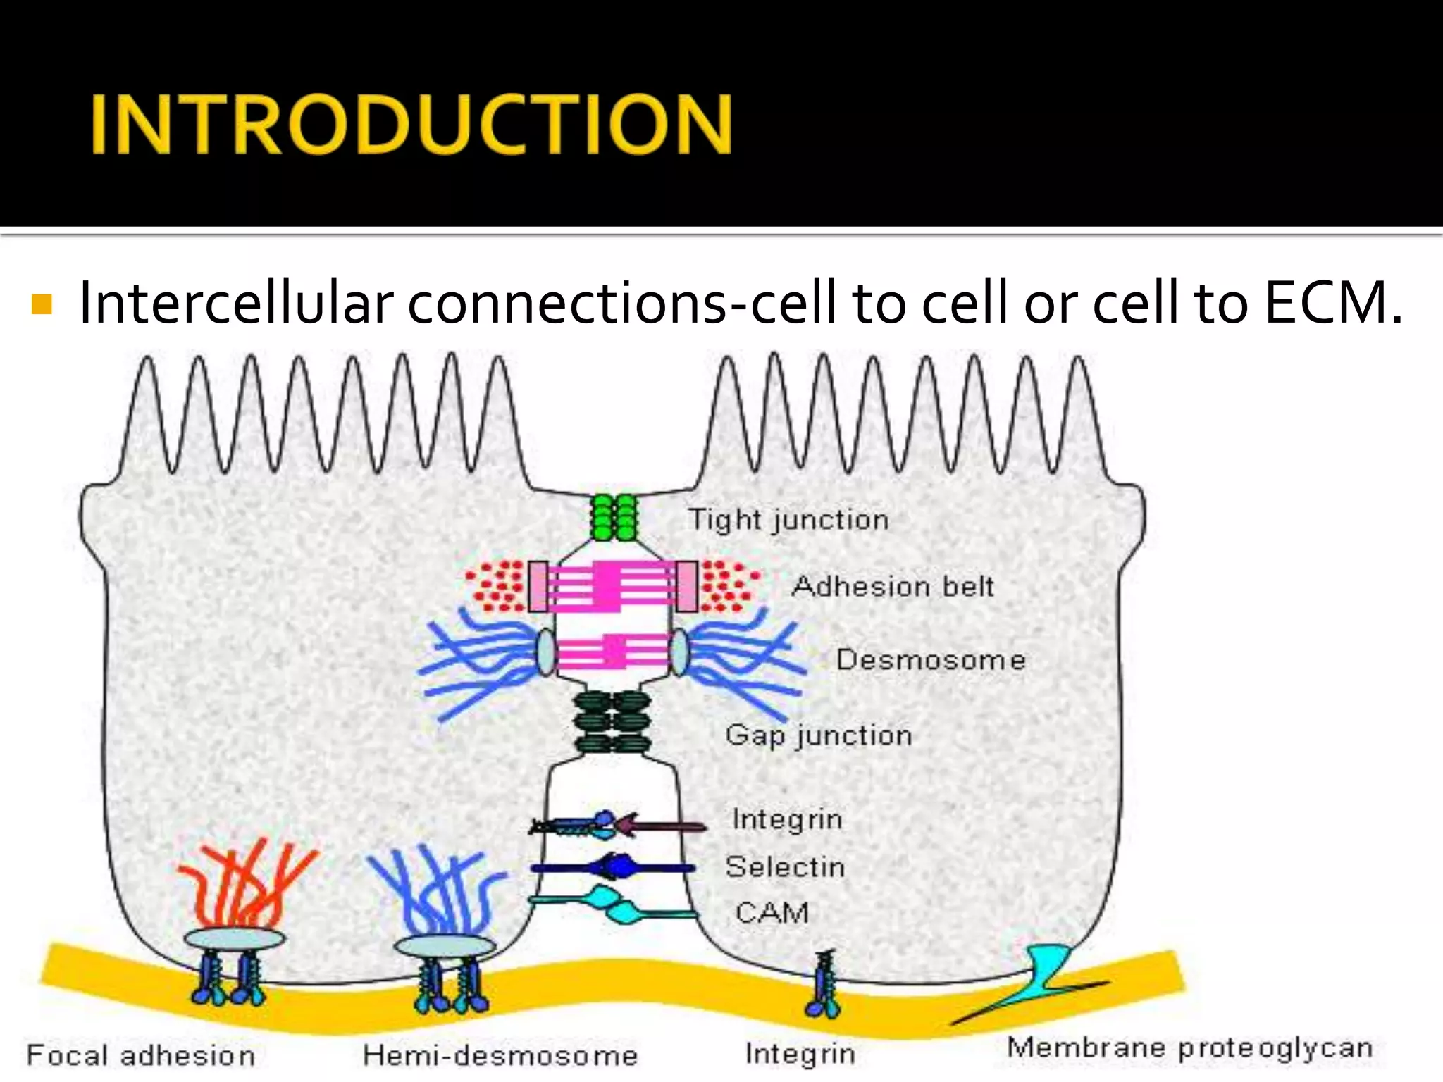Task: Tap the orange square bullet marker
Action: [42, 304]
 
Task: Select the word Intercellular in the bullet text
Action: [235, 303]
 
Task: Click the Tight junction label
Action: [788, 520]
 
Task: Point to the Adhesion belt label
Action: [893, 586]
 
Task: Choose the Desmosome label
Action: [931, 660]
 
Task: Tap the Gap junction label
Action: [819, 735]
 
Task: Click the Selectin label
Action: [785, 866]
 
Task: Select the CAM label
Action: [772, 913]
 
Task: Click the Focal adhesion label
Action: [141, 1055]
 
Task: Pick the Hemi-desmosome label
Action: [500, 1055]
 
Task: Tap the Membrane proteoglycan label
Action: [1190, 1047]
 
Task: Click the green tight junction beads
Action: [613, 517]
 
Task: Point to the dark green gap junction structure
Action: [612, 722]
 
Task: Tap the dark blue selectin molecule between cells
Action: [613, 866]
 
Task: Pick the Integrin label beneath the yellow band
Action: [800, 1054]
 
